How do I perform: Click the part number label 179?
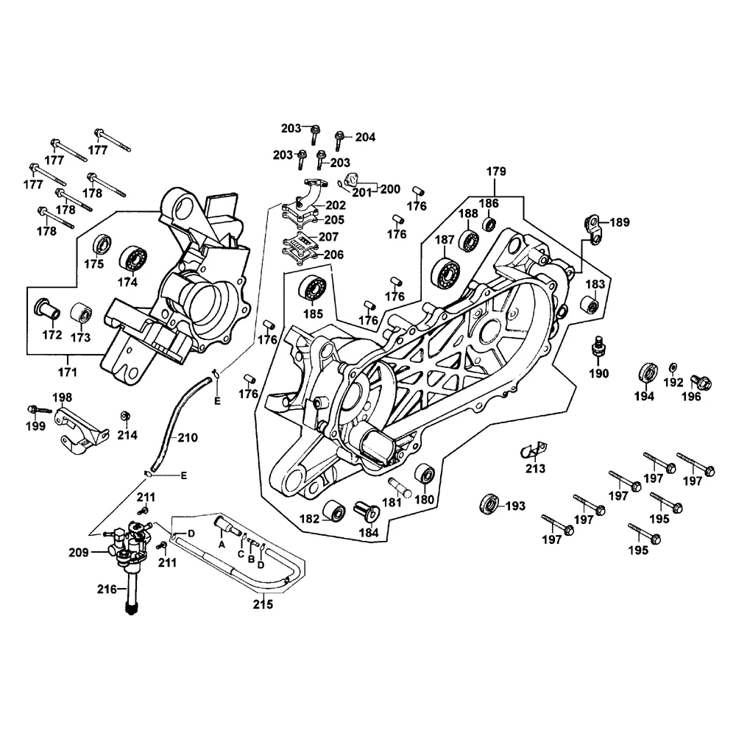coord(497,171)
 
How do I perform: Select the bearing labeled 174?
coord(133,257)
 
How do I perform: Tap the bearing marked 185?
coord(312,286)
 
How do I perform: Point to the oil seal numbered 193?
coord(488,504)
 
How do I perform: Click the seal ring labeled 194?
coord(648,372)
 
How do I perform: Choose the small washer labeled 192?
coord(673,367)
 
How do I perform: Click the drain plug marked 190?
coord(598,346)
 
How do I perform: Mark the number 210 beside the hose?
coord(187,438)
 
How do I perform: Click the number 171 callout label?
coord(67,370)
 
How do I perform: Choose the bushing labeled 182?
coord(338,512)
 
